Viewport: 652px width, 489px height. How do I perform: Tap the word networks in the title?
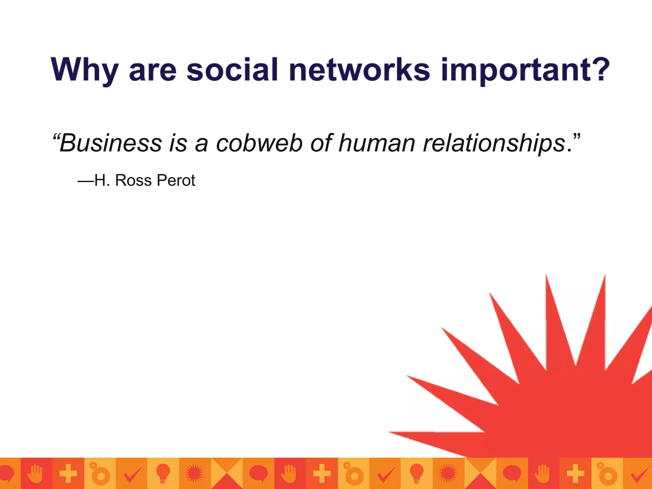360,69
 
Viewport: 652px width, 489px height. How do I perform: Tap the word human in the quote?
377,143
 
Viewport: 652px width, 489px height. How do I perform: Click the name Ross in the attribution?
133,181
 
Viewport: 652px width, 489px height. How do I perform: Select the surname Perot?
176,181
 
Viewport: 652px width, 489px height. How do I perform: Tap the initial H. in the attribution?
102,181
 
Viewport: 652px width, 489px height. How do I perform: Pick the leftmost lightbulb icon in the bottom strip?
163,473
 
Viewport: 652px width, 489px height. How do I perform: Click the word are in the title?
152,71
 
